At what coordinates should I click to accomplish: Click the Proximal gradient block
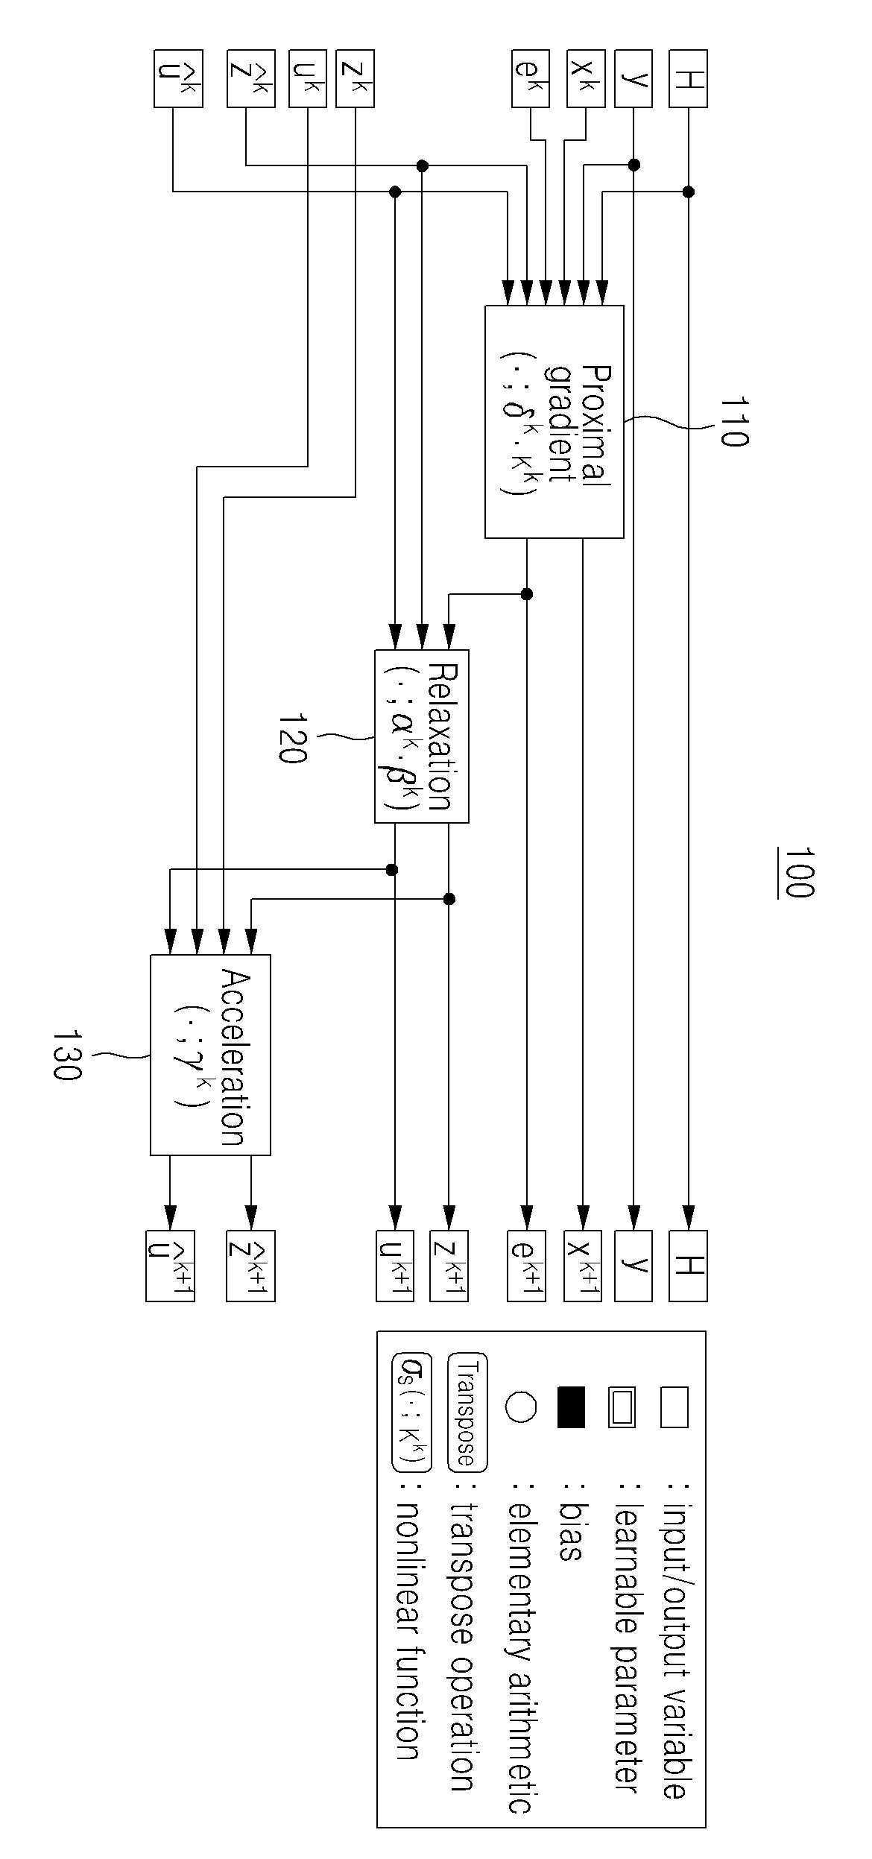point(555,421)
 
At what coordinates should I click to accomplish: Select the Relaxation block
point(422,736)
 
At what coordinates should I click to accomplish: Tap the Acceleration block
point(210,1055)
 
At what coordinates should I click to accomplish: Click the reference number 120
point(291,738)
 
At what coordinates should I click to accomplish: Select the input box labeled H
point(688,78)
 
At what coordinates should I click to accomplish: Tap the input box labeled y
point(634,78)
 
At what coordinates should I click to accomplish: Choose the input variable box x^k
point(586,78)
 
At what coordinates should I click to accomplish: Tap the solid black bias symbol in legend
point(572,1407)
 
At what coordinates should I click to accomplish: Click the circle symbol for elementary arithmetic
point(521,1407)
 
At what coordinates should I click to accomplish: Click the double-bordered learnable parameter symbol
point(622,1407)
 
